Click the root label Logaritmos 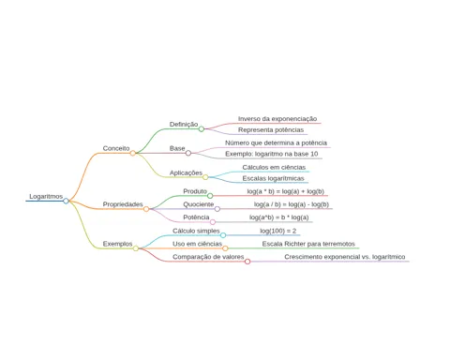coord(46,197)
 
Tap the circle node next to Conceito coord(133,153)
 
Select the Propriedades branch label coord(123,204)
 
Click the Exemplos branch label coord(117,244)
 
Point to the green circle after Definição coord(202,128)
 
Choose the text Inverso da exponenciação coord(277,119)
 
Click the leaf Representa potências coord(271,130)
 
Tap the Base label coord(177,148)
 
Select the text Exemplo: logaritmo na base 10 coord(272,154)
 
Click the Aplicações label coord(186,172)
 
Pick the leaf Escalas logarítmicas coord(274,178)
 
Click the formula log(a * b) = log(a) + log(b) coord(286,191)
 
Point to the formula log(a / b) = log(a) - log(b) coord(292,204)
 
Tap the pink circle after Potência coord(213,222)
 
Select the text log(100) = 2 coord(277,231)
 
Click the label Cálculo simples coord(196,231)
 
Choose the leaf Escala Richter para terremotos coord(308,244)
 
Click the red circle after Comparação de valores coord(247,262)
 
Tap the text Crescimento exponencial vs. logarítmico coord(345,257)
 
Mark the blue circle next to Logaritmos coord(66,201)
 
